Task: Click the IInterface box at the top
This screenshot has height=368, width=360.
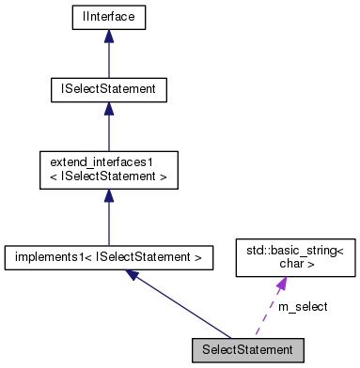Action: tap(109, 18)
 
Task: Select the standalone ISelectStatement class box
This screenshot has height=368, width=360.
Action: tap(109, 90)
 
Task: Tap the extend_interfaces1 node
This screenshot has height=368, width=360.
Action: tap(109, 169)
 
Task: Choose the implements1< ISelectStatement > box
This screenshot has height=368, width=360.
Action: tap(109, 255)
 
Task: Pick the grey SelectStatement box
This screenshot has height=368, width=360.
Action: tap(243, 349)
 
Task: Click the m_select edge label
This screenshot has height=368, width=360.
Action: tap(303, 307)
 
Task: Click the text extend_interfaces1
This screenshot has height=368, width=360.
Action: tap(90, 162)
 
